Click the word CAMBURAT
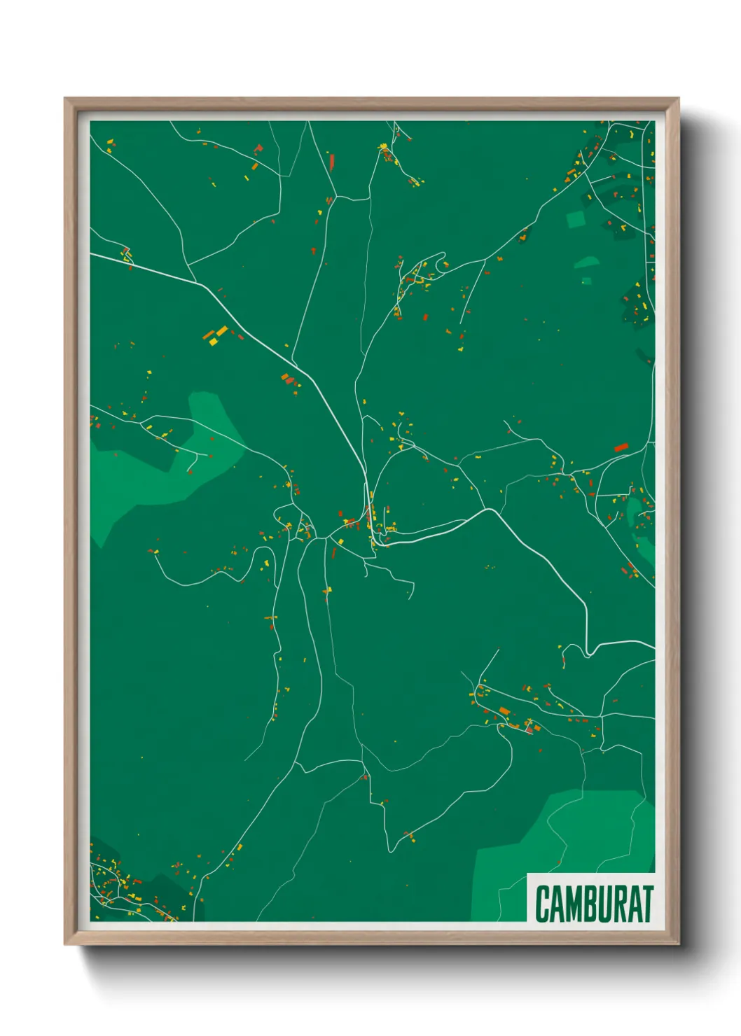pos(594,904)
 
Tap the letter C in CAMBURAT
pos(543,904)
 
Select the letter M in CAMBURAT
pos(574,904)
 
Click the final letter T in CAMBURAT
pos(648,904)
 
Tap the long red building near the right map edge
pos(621,447)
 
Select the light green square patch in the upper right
pos(576,219)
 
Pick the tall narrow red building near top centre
pos(332,162)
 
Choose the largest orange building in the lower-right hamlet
pos(504,712)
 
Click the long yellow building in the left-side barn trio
pos(222,330)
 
